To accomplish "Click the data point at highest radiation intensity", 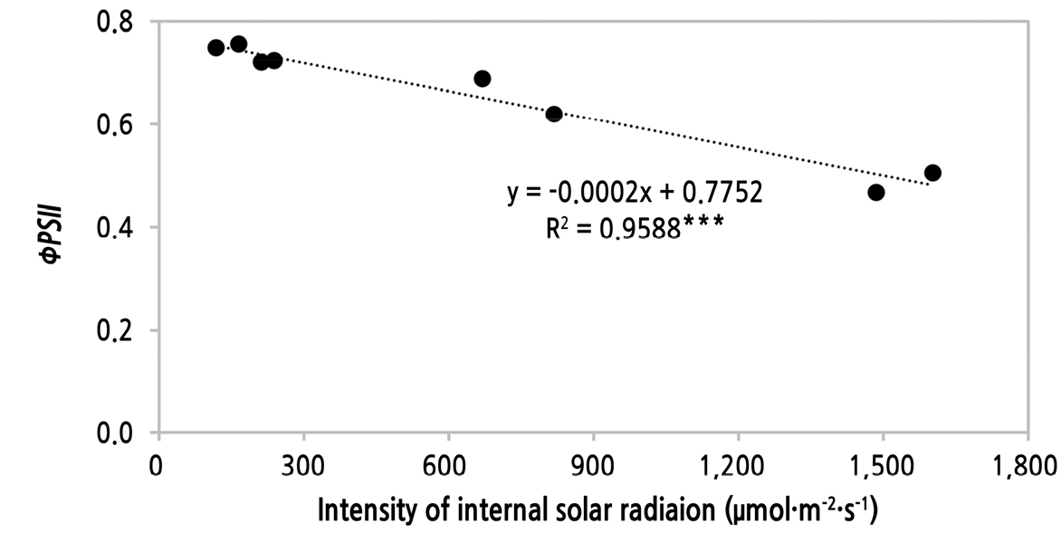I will point(932,173).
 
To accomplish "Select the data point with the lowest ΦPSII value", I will point(875,192).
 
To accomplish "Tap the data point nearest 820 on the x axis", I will point(554,114).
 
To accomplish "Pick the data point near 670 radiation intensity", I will point(483,79).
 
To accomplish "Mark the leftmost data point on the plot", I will point(215,48).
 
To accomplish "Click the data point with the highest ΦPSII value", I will point(239,43).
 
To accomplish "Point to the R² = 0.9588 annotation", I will point(633,228).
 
